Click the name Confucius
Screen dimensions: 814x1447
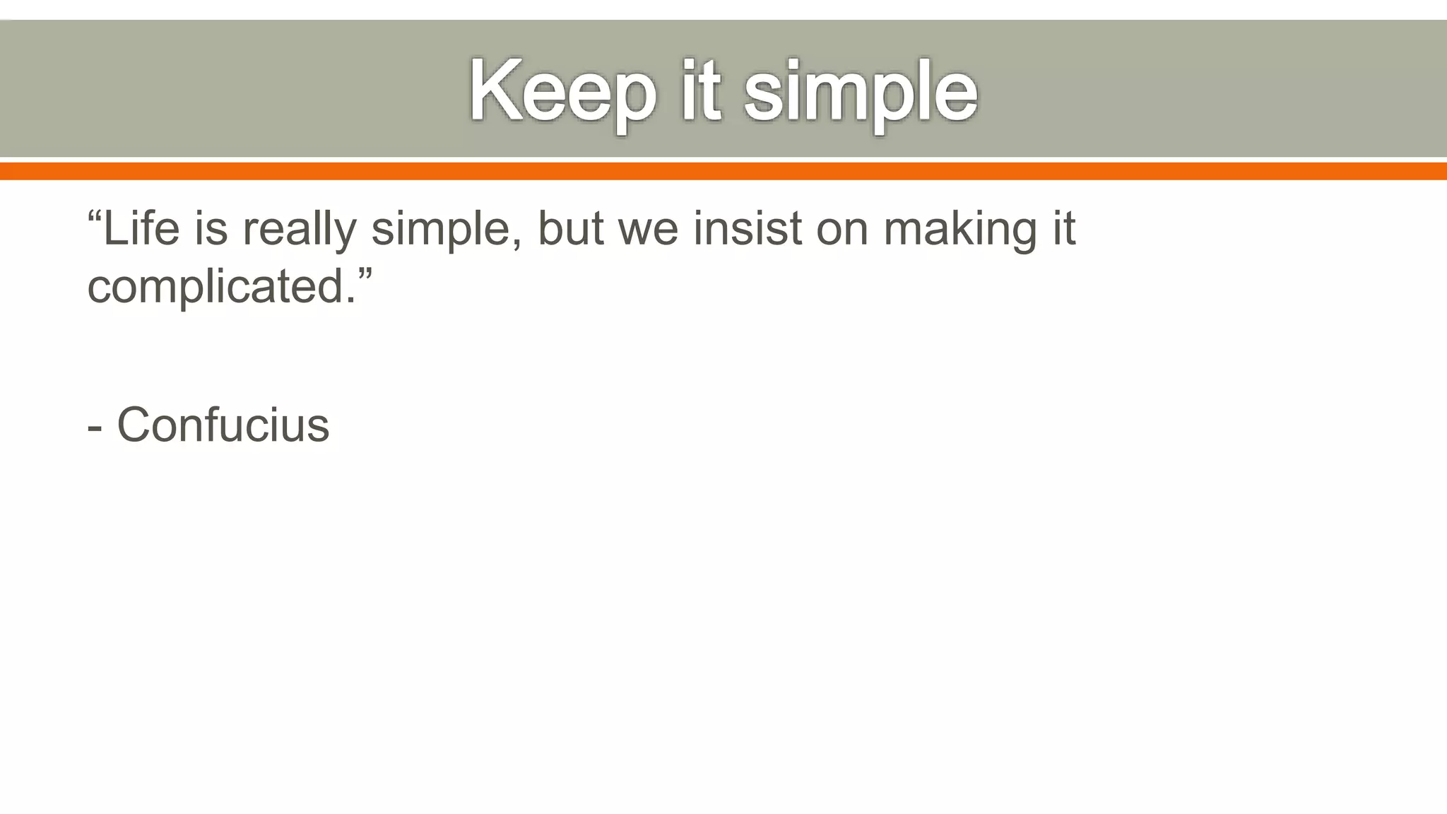(x=223, y=425)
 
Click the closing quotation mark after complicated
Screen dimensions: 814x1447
(x=365, y=272)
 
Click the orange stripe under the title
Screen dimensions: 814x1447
(x=723, y=171)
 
